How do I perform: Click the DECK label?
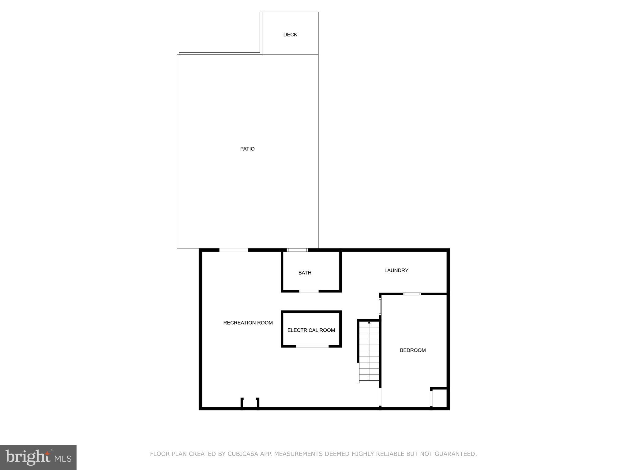coord(290,35)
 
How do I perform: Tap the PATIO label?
coord(247,149)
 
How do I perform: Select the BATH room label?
coord(305,273)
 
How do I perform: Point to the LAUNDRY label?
coord(396,270)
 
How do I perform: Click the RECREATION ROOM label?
coord(248,323)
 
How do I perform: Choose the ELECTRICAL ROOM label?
coord(311,330)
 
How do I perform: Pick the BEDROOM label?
coord(413,350)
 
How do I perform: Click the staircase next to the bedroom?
coord(369,352)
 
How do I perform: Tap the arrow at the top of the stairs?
coord(369,323)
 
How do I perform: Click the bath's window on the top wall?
coord(297,250)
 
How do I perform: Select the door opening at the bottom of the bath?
coord(309,291)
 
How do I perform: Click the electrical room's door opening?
coord(312,346)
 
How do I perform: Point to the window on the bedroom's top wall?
coord(412,294)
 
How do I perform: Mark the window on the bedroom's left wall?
coord(380,306)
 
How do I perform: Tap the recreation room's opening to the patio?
coord(234,250)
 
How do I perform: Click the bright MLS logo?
coord(38,457)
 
